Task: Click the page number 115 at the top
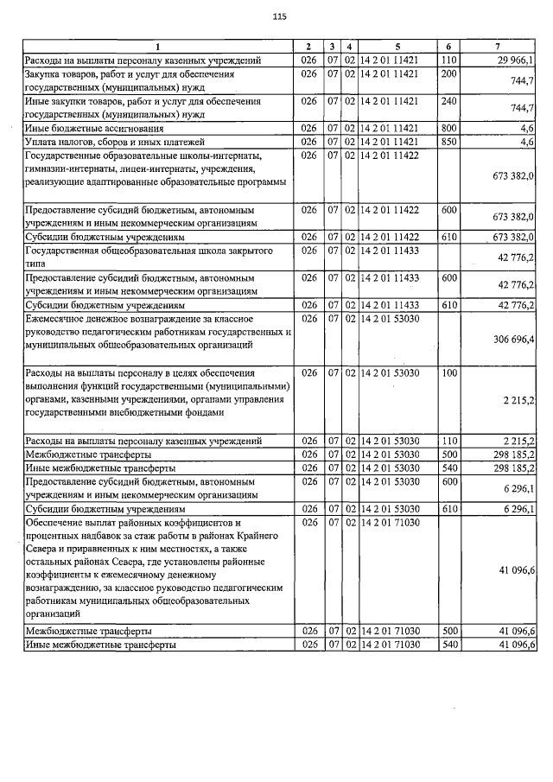click(278, 17)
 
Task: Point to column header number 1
click(157, 46)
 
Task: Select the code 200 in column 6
click(448, 74)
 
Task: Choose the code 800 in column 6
click(448, 128)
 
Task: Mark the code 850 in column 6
click(448, 141)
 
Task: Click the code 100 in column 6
click(448, 372)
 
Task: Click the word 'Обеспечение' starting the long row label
click(58, 523)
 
